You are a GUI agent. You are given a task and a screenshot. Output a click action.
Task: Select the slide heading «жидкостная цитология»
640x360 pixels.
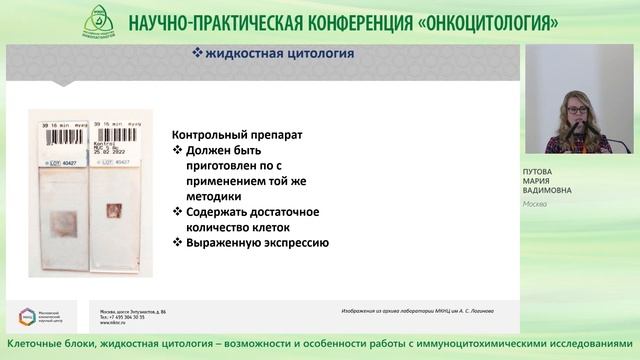[270, 54]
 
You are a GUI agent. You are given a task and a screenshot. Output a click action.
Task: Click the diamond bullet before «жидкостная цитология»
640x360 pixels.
[198, 54]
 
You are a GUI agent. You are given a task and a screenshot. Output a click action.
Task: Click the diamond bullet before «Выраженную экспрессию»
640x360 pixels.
[177, 242]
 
